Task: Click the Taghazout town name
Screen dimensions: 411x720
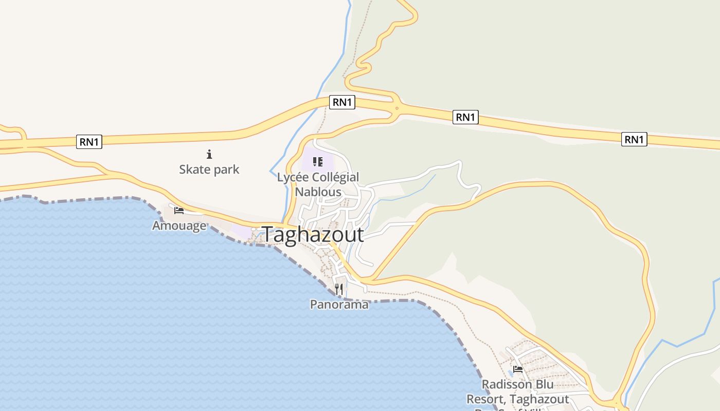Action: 313,235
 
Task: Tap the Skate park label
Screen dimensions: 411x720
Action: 209,169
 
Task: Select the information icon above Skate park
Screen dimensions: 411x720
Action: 209,154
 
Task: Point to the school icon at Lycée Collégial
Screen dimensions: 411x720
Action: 318,162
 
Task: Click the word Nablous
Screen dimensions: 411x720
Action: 318,192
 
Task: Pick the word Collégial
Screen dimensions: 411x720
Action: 334,177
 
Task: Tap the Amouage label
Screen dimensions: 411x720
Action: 179,226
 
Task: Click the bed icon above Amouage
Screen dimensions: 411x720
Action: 179,211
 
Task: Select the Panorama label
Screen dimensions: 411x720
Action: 339,305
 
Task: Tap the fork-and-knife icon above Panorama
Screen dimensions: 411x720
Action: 339,289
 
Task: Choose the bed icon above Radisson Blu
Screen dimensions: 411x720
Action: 518,369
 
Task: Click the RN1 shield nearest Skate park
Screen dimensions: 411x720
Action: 89,142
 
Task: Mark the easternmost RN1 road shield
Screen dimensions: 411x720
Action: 634,139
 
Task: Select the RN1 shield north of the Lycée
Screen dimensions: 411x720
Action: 342,102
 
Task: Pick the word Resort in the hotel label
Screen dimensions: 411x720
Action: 484,399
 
